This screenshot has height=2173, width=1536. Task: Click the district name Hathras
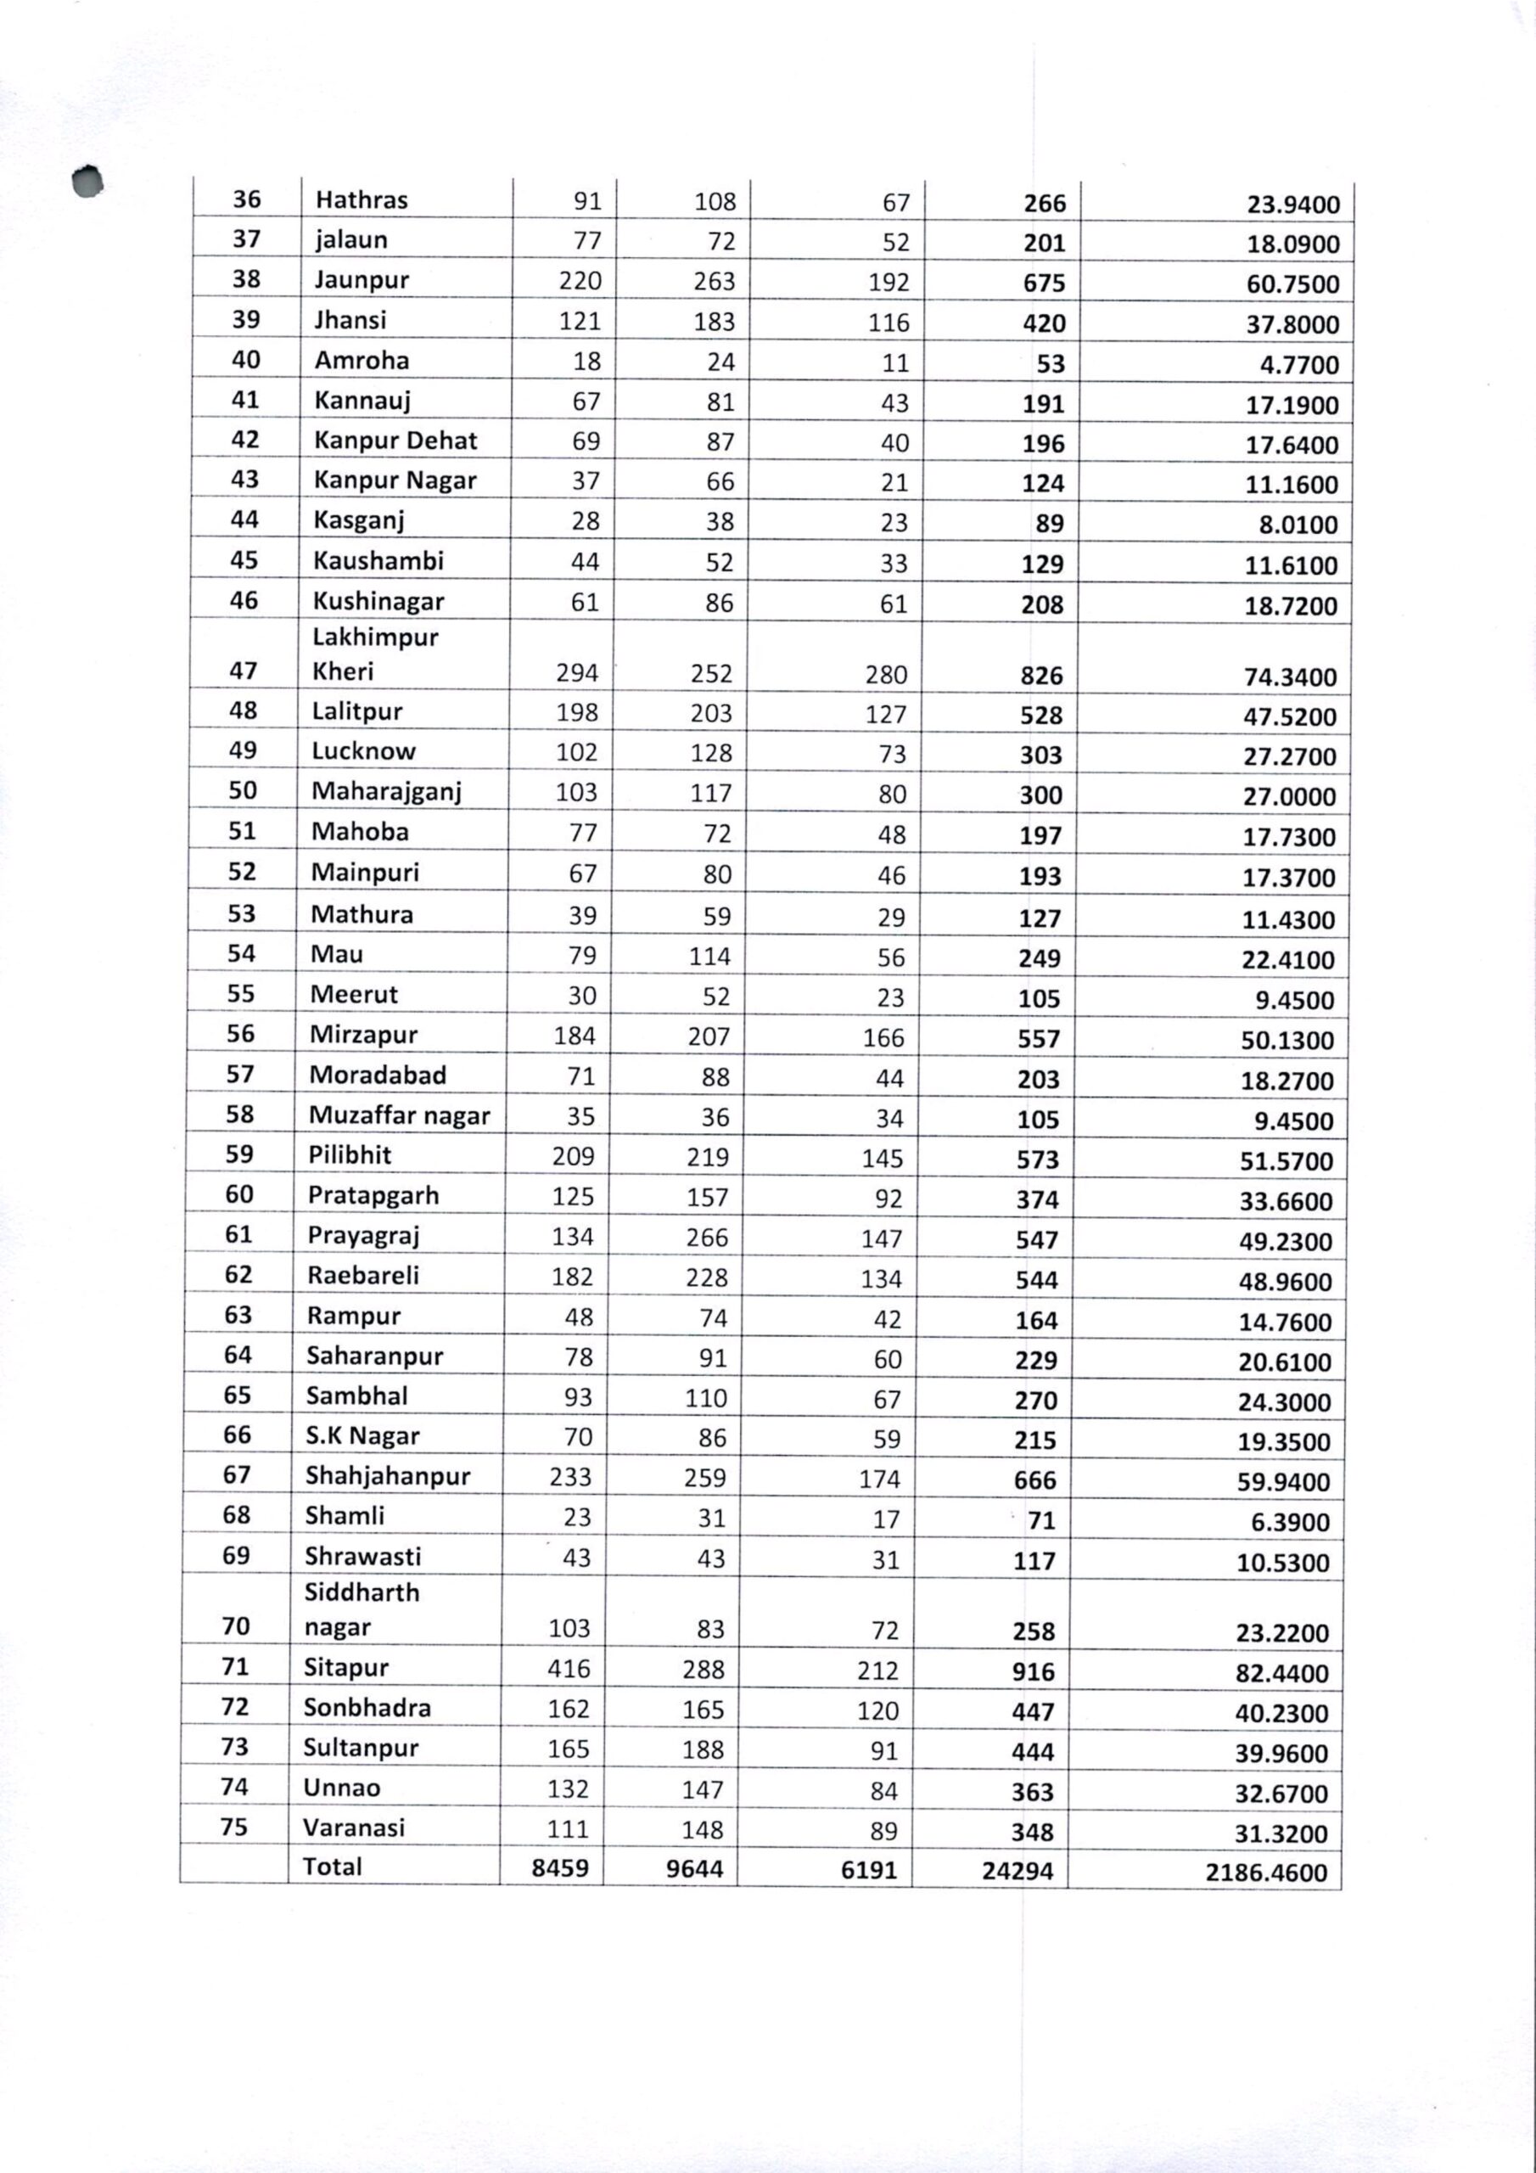[362, 200]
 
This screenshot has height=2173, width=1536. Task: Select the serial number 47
[244, 671]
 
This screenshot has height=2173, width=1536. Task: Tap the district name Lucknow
[363, 751]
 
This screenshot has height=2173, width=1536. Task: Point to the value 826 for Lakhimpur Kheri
[1041, 676]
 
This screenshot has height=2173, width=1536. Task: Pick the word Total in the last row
[332, 1867]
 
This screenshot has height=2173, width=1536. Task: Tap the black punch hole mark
[88, 182]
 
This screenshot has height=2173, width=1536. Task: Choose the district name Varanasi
[354, 1828]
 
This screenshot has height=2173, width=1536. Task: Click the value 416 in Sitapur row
[568, 1669]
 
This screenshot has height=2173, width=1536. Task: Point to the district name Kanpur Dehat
[395, 441]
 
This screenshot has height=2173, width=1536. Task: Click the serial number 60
[238, 1194]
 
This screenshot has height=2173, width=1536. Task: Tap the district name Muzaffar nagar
[400, 1116]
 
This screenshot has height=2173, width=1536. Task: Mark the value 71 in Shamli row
[1041, 1520]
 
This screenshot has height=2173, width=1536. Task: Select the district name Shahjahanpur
[387, 1475]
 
